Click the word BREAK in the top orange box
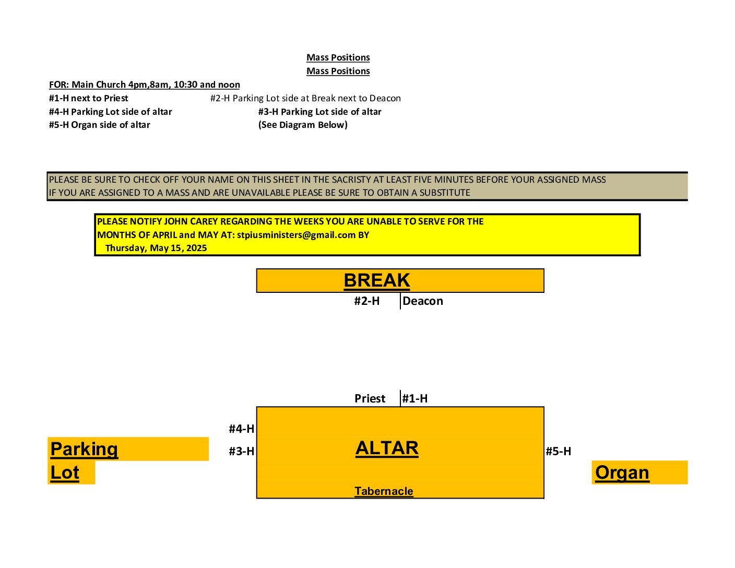click(x=376, y=280)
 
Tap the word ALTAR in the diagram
click(x=387, y=448)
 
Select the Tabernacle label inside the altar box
click(x=384, y=491)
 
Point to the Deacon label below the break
click(x=422, y=301)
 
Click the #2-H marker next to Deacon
click(x=366, y=301)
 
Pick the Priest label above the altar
click(x=370, y=398)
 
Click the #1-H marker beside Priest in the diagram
click(x=414, y=398)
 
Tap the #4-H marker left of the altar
click(x=242, y=429)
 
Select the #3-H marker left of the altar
click(x=242, y=451)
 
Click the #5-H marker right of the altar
click(x=558, y=451)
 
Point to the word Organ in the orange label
click(x=622, y=473)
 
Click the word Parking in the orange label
click(x=84, y=449)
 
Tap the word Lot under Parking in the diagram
click(x=65, y=472)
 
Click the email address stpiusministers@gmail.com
click(x=296, y=235)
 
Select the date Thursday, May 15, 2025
click(x=156, y=248)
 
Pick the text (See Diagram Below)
click(x=303, y=125)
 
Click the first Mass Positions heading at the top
click(x=338, y=57)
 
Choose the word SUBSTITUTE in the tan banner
click(x=445, y=193)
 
